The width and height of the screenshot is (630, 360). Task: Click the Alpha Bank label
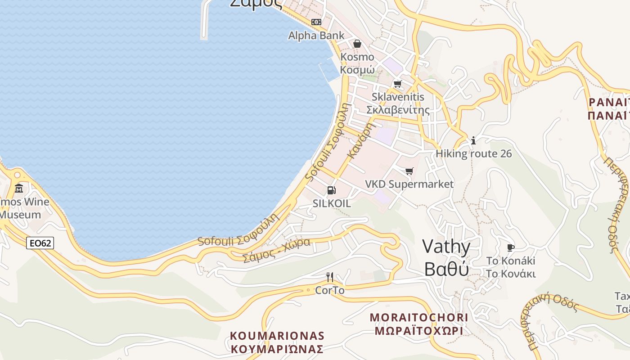(x=316, y=36)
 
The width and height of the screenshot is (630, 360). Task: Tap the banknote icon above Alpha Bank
(x=316, y=22)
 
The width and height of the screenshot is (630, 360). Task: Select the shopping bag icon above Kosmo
(x=357, y=44)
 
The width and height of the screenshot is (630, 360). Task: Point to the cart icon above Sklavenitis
(x=397, y=84)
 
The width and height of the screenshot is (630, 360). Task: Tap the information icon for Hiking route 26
(x=473, y=140)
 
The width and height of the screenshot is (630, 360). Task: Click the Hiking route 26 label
(x=473, y=154)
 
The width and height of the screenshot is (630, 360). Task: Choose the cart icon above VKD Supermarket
(x=409, y=171)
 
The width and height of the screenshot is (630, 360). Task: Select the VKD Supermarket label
(x=409, y=184)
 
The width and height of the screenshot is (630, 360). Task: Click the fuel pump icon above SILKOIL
(x=332, y=190)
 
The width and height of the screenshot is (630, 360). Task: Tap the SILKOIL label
(x=332, y=203)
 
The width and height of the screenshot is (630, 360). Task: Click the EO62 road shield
(x=40, y=243)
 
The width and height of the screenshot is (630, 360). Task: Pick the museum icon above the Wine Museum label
(x=19, y=188)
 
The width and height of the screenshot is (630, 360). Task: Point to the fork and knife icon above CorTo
(x=330, y=277)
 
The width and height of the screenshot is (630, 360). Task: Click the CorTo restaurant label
(x=330, y=290)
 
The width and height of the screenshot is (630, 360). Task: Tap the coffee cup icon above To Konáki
(x=511, y=247)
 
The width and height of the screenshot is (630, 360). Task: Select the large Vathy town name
(x=446, y=258)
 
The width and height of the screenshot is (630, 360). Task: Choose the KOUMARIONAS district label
(x=277, y=342)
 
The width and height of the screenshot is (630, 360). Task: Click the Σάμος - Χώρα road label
(x=277, y=250)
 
